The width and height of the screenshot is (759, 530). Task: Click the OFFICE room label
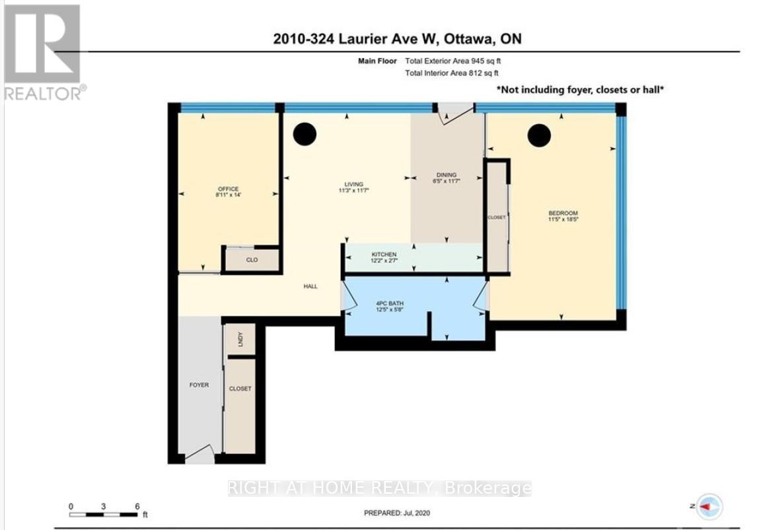click(228, 189)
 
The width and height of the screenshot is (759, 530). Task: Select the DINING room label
click(445, 175)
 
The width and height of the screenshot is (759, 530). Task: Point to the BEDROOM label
click(563, 213)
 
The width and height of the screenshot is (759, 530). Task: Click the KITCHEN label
click(383, 254)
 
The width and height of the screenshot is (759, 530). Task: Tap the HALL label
click(310, 286)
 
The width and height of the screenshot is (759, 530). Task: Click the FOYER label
click(199, 385)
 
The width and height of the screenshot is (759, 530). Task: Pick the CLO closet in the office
click(252, 260)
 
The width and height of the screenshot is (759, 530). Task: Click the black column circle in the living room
click(305, 133)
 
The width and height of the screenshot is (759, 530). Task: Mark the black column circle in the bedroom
click(539, 135)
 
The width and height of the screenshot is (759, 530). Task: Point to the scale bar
click(104, 513)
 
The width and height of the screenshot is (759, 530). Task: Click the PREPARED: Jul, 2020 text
click(400, 513)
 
